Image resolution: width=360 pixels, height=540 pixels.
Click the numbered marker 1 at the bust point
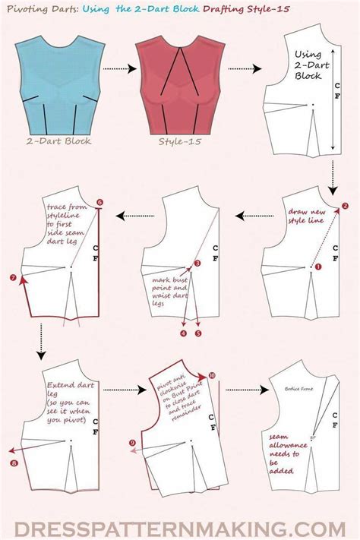pyautogui.click(x=318, y=267)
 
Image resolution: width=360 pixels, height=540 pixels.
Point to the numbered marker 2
pyautogui.click(x=345, y=205)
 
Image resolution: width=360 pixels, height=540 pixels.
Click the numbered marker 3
pyautogui.click(x=197, y=263)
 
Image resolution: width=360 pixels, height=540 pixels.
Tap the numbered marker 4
pyautogui.click(x=182, y=333)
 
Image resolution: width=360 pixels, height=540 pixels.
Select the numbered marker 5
pyautogui.click(x=197, y=333)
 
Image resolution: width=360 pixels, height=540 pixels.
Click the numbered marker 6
pyautogui.click(x=99, y=202)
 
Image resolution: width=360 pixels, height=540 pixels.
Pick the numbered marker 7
pyautogui.click(x=13, y=278)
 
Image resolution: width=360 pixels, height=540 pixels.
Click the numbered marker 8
pyautogui.click(x=13, y=462)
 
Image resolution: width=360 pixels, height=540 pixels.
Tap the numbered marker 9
pyautogui.click(x=134, y=443)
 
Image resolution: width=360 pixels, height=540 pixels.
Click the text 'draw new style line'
pyautogui.click(x=304, y=217)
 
